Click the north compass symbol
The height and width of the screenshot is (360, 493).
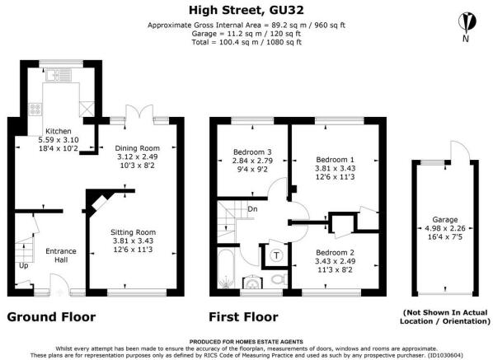pos(467,22)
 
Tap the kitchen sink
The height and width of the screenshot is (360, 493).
pos(59,75)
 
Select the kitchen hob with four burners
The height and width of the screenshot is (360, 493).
pos(35,110)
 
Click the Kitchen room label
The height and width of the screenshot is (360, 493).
pos(59,131)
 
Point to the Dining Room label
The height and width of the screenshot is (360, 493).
pos(137,148)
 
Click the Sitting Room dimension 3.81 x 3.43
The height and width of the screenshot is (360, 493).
pos(133,241)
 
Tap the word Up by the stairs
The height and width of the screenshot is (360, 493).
pos(24,266)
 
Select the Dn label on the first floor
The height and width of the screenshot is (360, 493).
pos(252,209)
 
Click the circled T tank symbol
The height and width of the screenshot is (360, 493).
pos(276,255)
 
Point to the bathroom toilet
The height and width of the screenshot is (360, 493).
pos(279,279)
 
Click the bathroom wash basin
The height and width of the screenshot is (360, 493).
pos(252,282)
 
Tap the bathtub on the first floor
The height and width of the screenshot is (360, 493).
pos(226,269)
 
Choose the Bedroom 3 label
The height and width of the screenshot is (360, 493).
pos(252,152)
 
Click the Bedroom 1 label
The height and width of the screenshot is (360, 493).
pos(336,160)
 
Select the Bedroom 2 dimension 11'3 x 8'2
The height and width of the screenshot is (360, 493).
pos(336,270)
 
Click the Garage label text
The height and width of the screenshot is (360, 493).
pos(445,220)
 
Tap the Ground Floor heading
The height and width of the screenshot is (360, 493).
pos(51,316)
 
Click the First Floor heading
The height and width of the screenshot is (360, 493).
pos(244,316)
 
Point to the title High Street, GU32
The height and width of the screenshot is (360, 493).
pos(246,11)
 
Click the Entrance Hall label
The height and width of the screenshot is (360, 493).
pos(61,255)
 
